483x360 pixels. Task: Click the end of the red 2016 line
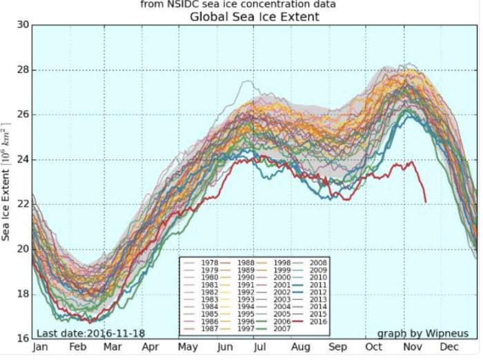tap(426, 201)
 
